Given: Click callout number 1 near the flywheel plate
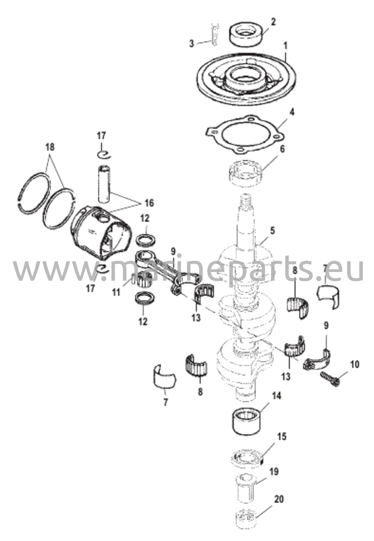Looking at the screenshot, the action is pyautogui.click(x=285, y=46).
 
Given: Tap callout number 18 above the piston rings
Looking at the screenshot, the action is pyautogui.click(x=50, y=147).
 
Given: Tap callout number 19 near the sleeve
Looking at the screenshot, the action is pyautogui.click(x=274, y=472).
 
